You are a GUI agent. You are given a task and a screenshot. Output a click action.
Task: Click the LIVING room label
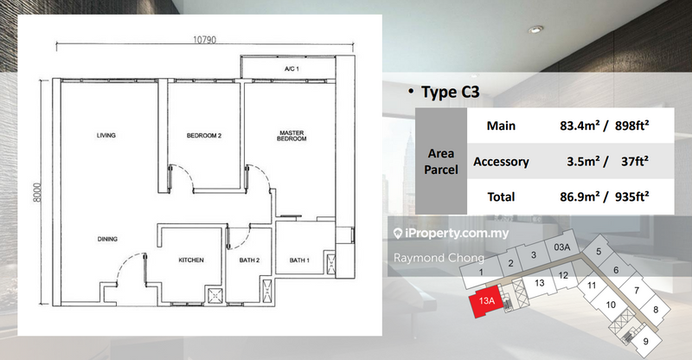pyautogui.click(x=106, y=136)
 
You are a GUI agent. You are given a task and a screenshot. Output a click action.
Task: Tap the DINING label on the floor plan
pyautogui.click(x=107, y=239)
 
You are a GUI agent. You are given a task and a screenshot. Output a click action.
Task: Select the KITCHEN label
pyautogui.click(x=190, y=260)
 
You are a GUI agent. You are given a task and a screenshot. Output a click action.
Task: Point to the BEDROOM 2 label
pyautogui.click(x=205, y=136)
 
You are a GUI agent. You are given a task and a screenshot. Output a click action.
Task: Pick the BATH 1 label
pyautogui.click(x=299, y=260)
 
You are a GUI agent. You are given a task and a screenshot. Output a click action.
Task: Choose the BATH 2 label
pyautogui.click(x=249, y=260)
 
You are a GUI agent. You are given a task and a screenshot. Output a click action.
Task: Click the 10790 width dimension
pyautogui.click(x=205, y=38)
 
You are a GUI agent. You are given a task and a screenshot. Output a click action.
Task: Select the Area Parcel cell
pyautogui.click(x=440, y=161)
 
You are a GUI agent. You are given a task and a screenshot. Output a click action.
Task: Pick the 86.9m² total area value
pyautogui.click(x=582, y=196)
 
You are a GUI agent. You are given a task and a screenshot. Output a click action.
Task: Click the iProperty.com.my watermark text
pyautogui.click(x=455, y=234)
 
